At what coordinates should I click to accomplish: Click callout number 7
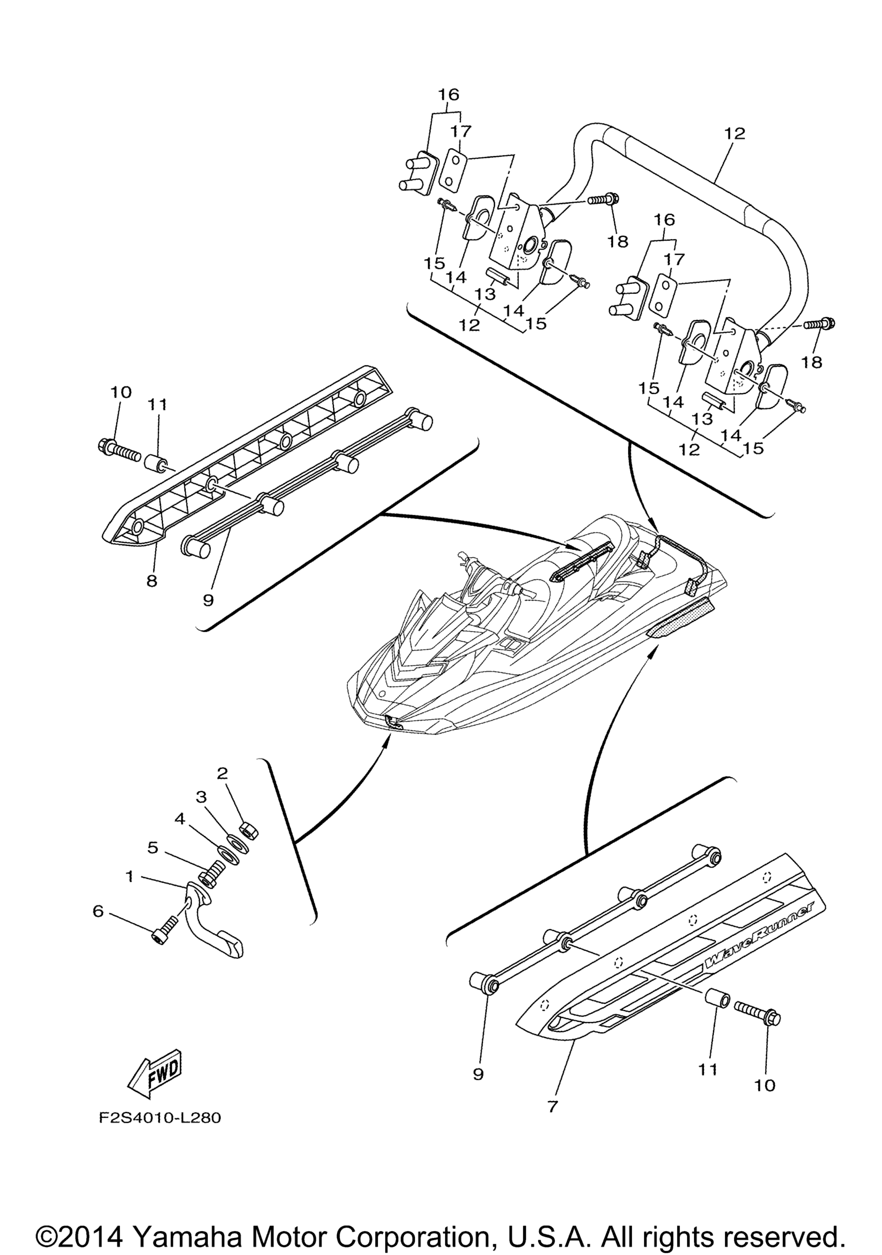(552, 1107)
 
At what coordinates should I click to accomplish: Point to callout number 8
(152, 581)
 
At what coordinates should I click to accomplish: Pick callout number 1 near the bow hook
(130, 877)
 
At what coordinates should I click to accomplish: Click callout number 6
(98, 911)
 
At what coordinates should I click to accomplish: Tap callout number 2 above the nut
(222, 773)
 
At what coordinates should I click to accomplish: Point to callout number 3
(201, 797)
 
